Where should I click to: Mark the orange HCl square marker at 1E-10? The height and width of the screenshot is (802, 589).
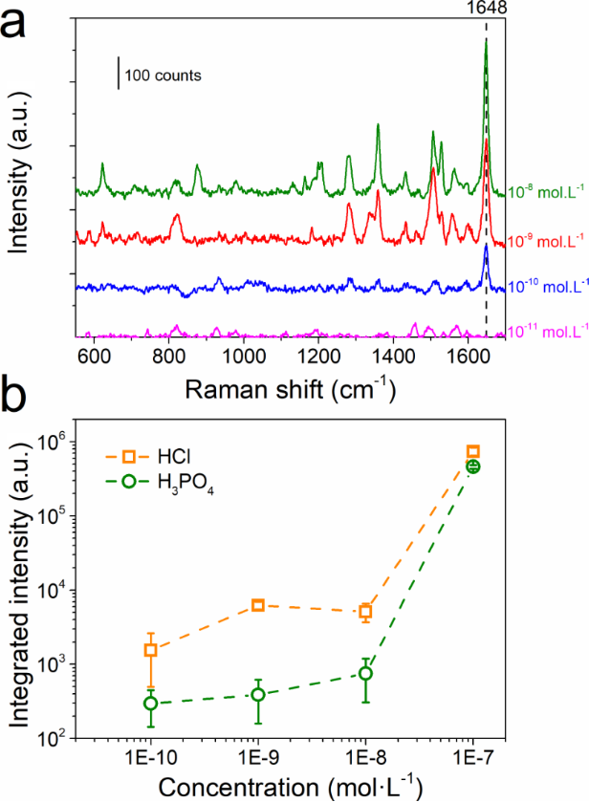(150, 650)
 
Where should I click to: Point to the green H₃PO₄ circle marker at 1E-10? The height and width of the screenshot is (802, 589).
(150, 704)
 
